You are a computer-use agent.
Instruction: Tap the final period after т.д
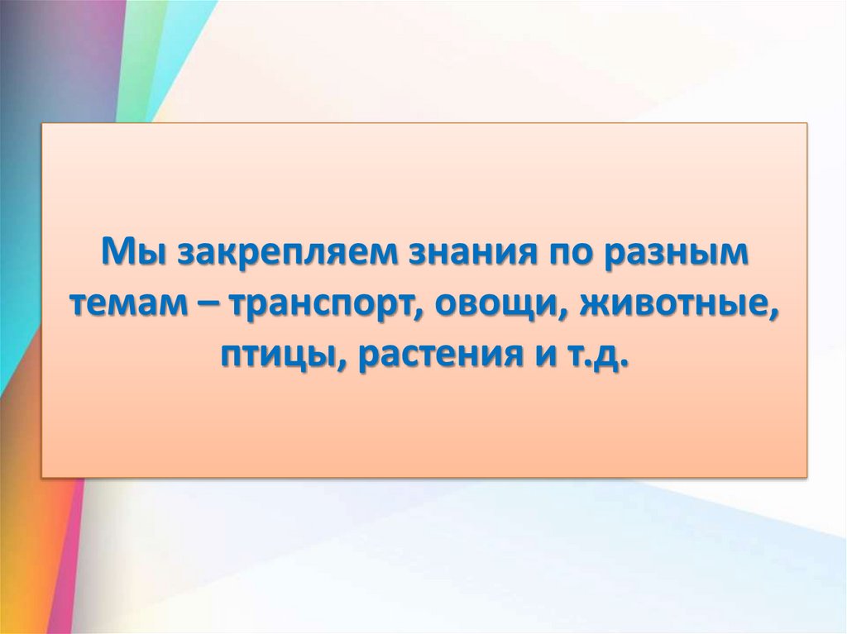621,369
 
